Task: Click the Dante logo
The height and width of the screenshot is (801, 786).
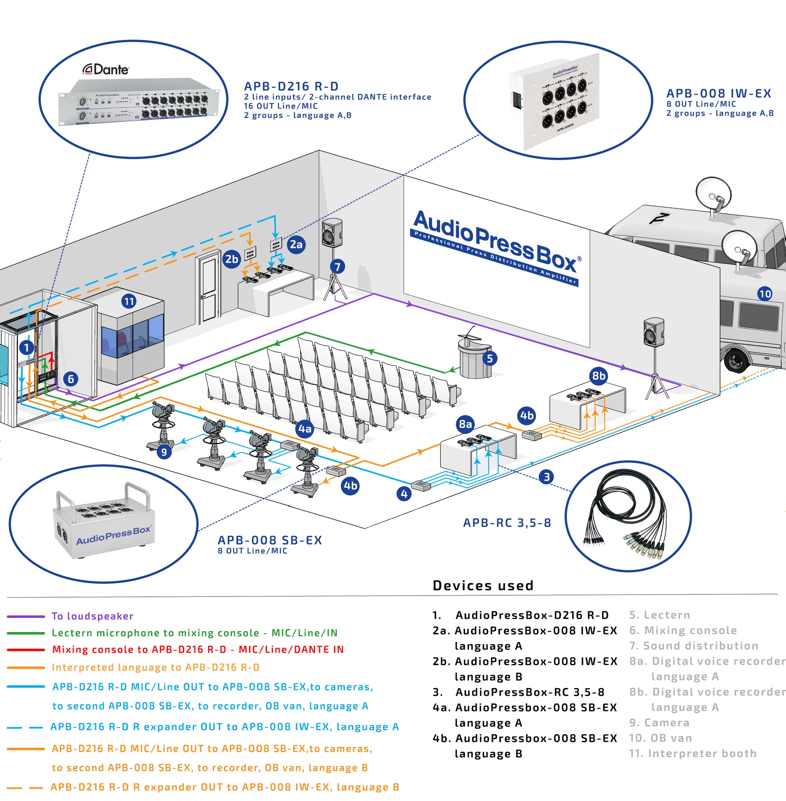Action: (x=106, y=69)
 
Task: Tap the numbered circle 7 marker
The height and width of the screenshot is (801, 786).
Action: (x=337, y=267)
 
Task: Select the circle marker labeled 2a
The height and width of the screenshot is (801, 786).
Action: (x=296, y=244)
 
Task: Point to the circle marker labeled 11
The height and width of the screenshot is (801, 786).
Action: (x=129, y=301)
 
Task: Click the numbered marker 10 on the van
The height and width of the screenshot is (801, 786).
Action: (x=764, y=294)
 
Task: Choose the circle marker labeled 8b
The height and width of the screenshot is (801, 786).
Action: (x=599, y=375)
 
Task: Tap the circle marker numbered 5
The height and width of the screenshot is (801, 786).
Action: (x=489, y=358)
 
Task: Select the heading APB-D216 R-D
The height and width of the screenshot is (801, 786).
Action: (x=291, y=86)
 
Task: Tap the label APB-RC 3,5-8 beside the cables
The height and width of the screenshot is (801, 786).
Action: (x=507, y=523)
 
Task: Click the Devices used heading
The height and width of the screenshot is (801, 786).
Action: (x=483, y=585)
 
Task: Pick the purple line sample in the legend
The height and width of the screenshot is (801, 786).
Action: (x=25, y=616)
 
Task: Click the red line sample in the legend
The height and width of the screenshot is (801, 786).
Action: (x=25, y=650)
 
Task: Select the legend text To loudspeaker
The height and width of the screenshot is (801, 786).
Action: (x=92, y=616)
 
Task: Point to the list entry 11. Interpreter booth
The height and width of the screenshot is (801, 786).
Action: (x=693, y=754)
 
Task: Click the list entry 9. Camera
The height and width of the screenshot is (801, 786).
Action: (x=659, y=723)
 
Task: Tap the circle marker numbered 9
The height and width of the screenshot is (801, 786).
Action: (x=164, y=452)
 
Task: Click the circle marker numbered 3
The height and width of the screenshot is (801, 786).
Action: (x=547, y=477)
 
